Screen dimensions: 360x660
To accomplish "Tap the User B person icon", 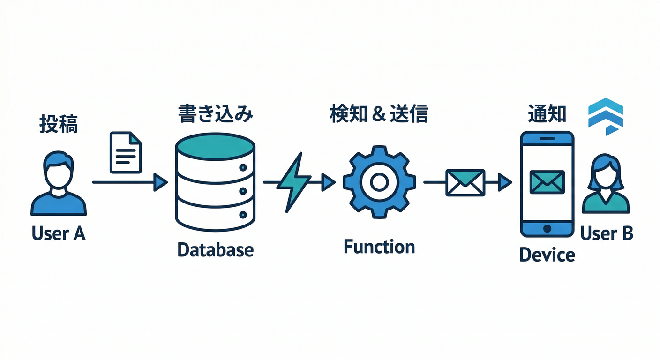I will point(606,185).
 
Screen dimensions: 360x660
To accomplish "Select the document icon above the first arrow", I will point(125,152).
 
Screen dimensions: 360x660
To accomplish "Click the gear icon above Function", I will point(379,182).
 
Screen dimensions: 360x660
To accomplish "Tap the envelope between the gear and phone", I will point(465,182).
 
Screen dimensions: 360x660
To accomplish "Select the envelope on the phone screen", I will point(547,182).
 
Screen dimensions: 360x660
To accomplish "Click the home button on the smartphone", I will point(547,228).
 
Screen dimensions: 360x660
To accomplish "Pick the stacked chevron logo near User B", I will point(605,116).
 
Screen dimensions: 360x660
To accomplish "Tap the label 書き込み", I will point(216,114).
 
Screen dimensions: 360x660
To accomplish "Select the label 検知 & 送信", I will point(379,114).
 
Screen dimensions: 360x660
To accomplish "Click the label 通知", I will point(547,114).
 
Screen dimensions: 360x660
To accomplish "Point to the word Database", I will point(215,249).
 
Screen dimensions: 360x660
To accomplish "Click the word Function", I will point(379,247).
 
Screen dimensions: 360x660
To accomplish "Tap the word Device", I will point(547,255).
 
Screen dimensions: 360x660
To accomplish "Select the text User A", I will point(59,233).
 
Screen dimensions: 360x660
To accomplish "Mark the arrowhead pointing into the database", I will point(161,181).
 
